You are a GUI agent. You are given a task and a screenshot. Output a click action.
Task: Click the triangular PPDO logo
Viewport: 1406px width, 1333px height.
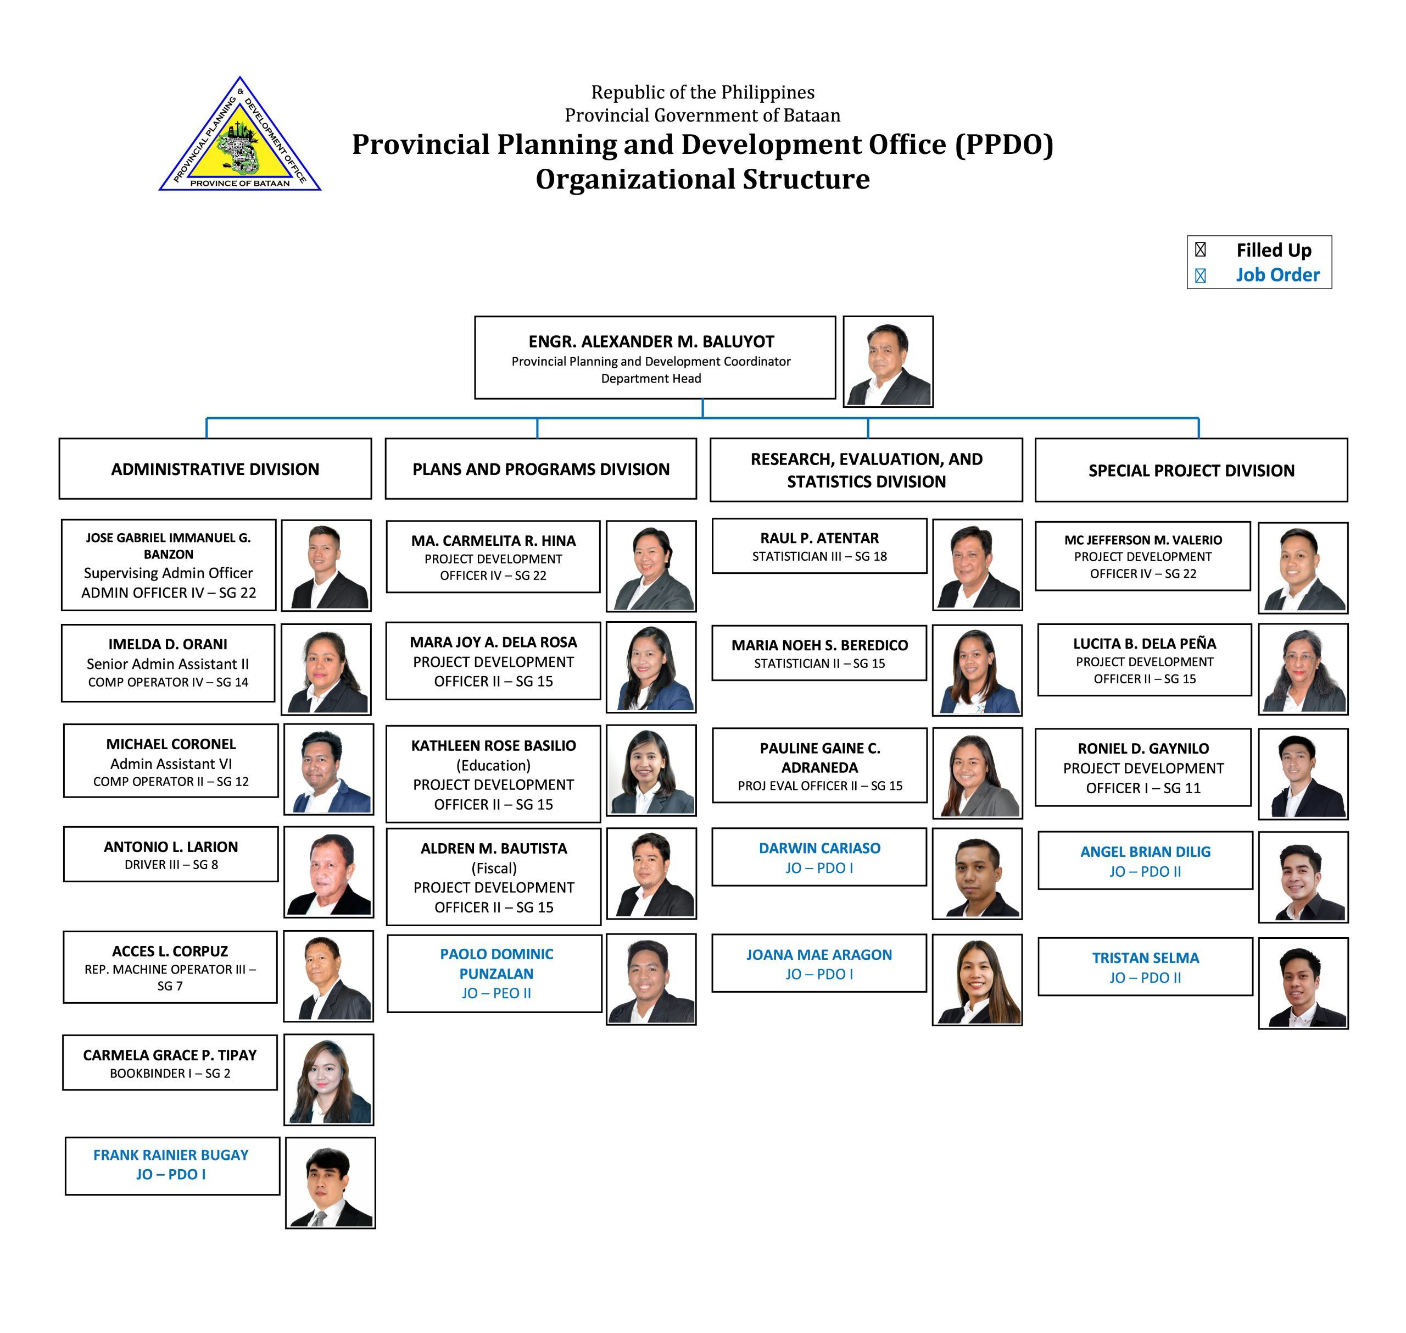pyautogui.click(x=240, y=135)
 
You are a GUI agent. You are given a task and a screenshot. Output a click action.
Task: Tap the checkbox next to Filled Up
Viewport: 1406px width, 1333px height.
pyautogui.click(x=1200, y=250)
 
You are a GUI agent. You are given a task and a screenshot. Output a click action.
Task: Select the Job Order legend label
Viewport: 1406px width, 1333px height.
pyautogui.click(x=1277, y=275)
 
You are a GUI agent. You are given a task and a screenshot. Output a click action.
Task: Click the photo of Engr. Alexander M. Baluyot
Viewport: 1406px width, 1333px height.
pyautogui.click(x=888, y=362)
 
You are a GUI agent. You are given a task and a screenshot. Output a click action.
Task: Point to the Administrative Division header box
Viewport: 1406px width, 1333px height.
pyautogui.click(x=215, y=469)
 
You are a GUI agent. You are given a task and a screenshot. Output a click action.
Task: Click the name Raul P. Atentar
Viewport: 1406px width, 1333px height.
pyautogui.click(x=819, y=538)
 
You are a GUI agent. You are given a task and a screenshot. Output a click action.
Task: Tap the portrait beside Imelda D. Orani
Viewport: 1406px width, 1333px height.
pyautogui.click(x=326, y=670)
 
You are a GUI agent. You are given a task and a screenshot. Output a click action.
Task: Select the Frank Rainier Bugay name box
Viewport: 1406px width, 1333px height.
pyautogui.click(x=172, y=1166)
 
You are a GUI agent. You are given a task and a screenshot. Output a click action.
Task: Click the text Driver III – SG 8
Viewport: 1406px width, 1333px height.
pyautogui.click(x=171, y=865)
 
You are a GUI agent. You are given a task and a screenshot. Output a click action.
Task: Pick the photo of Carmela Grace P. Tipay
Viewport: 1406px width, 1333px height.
pyautogui.click(x=329, y=1080)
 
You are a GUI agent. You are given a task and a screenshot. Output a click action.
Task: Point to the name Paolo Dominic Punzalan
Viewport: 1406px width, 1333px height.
pyautogui.click(x=496, y=964)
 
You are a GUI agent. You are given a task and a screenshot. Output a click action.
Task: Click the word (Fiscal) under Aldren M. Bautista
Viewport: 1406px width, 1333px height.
pyautogui.click(x=494, y=869)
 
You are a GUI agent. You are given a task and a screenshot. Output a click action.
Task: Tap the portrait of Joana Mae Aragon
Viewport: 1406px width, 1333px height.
pyautogui.click(x=977, y=980)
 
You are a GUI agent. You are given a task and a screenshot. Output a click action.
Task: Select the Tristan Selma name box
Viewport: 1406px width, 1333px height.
pyautogui.click(x=1145, y=967)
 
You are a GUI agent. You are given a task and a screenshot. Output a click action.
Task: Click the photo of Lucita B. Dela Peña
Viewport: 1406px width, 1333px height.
pyautogui.click(x=1303, y=670)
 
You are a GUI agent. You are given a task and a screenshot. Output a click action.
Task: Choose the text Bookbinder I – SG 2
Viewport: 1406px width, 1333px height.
pyautogui.click(x=170, y=1073)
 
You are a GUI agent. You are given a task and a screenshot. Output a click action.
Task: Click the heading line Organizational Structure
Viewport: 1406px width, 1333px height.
pyautogui.click(x=702, y=179)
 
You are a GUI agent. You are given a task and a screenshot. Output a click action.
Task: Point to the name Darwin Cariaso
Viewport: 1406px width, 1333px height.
pyautogui.click(x=819, y=848)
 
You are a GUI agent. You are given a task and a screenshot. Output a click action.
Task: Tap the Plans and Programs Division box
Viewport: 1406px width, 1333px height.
pyautogui.click(x=540, y=469)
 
